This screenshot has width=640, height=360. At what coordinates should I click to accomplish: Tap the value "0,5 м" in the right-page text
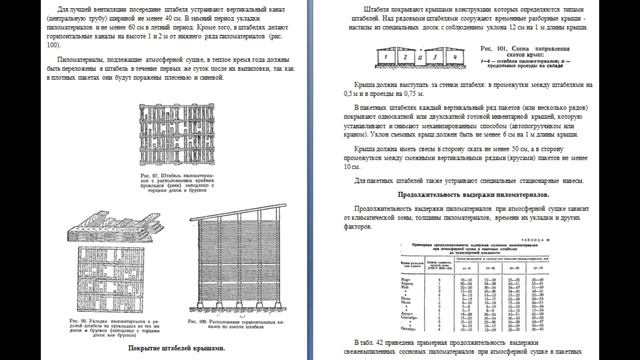(364, 108)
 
